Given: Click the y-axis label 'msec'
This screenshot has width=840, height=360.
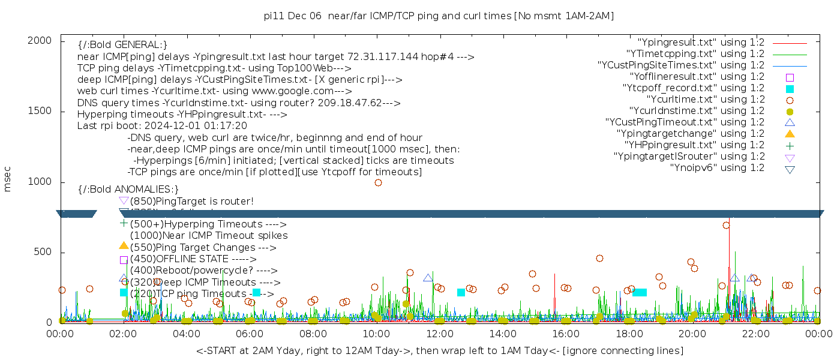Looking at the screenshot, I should pyautogui.click(x=8, y=181).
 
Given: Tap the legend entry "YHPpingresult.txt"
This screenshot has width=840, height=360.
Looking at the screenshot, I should pyautogui.click(x=694, y=145).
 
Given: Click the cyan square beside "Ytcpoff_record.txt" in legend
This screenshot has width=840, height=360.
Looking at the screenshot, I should pyautogui.click(x=790, y=89).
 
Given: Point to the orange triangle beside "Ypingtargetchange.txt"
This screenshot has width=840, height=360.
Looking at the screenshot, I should pyautogui.click(x=790, y=134).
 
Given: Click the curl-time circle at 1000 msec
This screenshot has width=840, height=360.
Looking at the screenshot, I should pyautogui.click(x=378, y=182).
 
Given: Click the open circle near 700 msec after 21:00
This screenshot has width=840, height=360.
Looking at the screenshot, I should pyautogui.click(x=726, y=226).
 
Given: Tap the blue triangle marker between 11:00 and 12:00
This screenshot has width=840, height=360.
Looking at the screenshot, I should pyautogui.click(x=428, y=278).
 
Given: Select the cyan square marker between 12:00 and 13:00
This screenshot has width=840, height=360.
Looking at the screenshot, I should pyautogui.click(x=461, y=293).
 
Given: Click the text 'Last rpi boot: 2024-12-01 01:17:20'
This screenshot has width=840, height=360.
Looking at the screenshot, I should pyautogui.click(x=162, y=126).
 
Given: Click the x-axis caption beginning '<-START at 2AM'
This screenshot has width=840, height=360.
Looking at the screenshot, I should pyautogui.click(x=439, y=350).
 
